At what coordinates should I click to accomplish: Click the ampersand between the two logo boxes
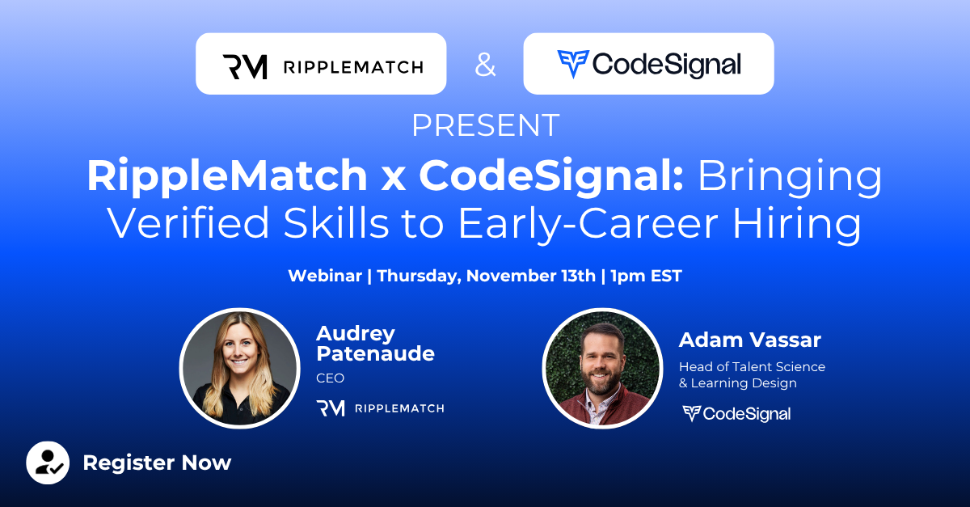(x=485, y=65)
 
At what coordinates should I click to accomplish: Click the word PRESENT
(x=486, y=125)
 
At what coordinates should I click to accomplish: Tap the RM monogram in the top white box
(x=245, y=67)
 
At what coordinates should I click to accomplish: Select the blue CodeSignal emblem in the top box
(x=573, y=64)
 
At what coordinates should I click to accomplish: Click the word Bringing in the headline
(x=790, y=177)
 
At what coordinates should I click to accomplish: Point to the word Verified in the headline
(x=188, y=222)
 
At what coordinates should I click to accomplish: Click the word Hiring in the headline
(x=797, y=225)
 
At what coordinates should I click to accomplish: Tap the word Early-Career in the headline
(x=588, y=224)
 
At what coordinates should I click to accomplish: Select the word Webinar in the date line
(x=325, y=276)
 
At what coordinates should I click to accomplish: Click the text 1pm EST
(x=646, y=276)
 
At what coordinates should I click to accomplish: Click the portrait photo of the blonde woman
(x=240, y=369)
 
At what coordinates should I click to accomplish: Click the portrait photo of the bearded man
(x=602, y=369)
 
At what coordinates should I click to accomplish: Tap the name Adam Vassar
(x=749, y=340)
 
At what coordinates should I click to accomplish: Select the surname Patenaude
(x=375, y=353)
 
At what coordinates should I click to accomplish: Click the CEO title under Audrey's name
(x=330, y=378)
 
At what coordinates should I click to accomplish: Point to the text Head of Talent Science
(x=752, y=366)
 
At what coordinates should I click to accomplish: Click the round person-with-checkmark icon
(x=48, y=463)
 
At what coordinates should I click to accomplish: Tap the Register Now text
(x=157, y=463)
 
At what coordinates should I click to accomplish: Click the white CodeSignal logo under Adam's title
(x=736, y=414)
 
